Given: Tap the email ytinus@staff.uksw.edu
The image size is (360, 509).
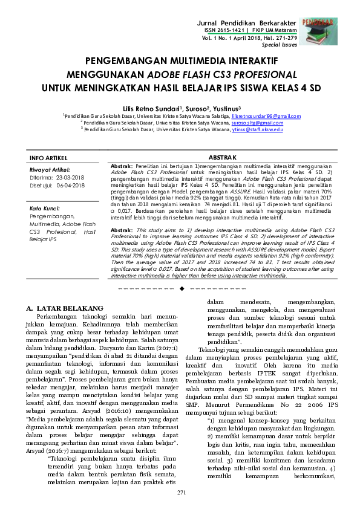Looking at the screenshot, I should click(x=257, y=129).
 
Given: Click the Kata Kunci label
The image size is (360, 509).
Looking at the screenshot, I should click(x=44, y=209).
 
